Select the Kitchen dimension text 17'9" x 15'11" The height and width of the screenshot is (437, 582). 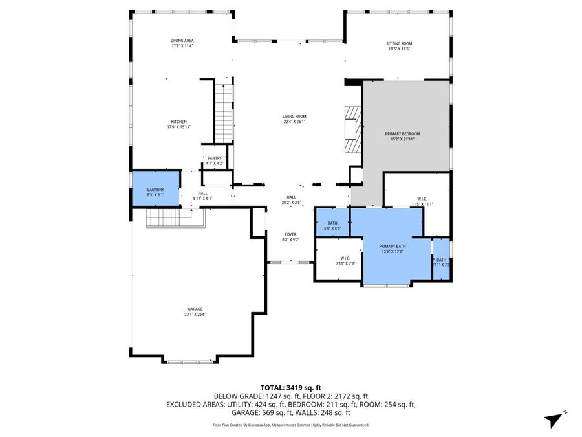click(x=179, y=127)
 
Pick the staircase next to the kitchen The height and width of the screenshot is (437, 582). click(x=223, y=113)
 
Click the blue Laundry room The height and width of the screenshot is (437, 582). click(x=156, y=189)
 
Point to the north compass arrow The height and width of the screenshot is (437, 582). click(x=554, y=418)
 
